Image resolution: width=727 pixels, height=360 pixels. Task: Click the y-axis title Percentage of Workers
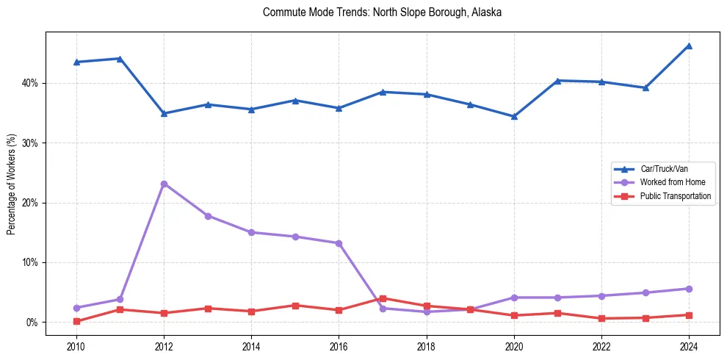(x=12, y=184)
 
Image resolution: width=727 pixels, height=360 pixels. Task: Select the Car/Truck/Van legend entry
(x=664, y=169)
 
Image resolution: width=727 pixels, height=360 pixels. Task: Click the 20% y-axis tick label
(x=30, y=203)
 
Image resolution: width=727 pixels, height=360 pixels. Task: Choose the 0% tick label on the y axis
(x=32, y=323)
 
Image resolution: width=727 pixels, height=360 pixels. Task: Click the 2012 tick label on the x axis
(x=164, y=345)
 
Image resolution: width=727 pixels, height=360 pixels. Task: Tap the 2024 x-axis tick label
(x=689, y=345)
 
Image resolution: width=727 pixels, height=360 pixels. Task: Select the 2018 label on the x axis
(x=427, y=345)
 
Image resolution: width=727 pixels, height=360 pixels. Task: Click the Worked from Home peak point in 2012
(x=164, y=184)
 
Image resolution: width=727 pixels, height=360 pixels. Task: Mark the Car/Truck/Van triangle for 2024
(x=689, y=46)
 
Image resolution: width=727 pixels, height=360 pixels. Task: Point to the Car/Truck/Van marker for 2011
(x=120, y=58)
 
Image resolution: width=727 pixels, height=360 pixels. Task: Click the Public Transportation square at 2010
(x=76, y=321)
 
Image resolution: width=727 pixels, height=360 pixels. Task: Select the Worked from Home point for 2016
(x=339, y=243)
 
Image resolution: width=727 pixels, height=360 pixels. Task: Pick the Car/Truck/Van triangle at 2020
(x=514, y=116)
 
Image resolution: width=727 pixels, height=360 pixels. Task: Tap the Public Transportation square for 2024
(x=689, y=315)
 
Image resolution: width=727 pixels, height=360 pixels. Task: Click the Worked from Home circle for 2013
(x=208, y=216)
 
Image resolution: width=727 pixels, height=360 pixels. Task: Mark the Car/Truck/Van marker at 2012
(x=164, y=113)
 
